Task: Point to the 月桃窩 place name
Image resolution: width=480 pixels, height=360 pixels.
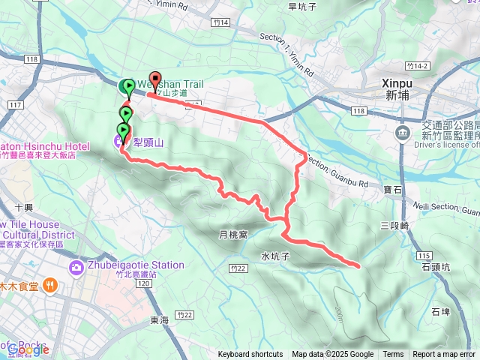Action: (x=232, y=235)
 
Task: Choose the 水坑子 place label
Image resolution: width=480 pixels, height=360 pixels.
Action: (x=275, y=255)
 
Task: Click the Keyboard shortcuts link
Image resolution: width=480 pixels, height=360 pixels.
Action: (x=250, y=355)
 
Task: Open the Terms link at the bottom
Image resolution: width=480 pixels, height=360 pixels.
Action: (x=393, y=355)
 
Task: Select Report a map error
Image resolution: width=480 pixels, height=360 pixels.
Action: (x=444, y=355)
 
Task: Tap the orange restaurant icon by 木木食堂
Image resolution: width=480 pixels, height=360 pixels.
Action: (x=49, y=284)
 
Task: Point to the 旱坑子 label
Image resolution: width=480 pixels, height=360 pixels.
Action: (x=303, y=6)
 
